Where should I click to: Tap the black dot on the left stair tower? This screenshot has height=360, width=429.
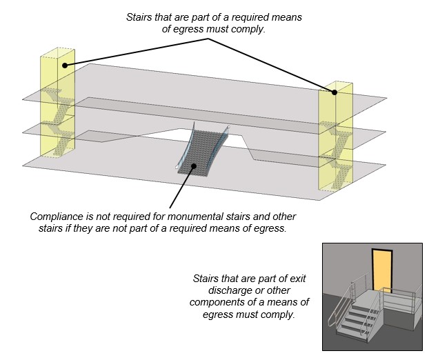[x=64, y=66]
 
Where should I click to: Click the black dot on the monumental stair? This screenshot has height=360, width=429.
[x=195, y=166]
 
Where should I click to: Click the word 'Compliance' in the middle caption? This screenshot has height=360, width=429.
[x=57, y=216]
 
